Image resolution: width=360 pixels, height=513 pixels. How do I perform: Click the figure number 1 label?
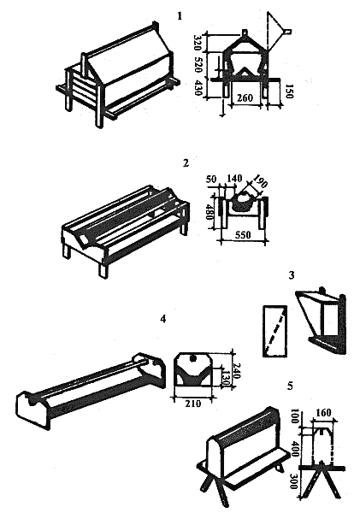(180, 15)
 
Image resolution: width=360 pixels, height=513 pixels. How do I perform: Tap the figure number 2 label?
(186, 162)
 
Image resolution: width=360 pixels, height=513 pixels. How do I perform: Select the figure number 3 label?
(292, 275)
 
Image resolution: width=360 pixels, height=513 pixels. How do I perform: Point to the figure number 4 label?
(163, 318)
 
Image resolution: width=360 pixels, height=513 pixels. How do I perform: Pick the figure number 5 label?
(290, 386)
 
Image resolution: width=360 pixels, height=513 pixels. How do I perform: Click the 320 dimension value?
(198, 42)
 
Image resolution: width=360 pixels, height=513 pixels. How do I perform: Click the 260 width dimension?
(245, 97)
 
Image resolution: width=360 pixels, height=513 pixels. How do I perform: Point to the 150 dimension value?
(289, 91)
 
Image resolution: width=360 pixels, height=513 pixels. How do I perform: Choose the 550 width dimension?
(243, 235)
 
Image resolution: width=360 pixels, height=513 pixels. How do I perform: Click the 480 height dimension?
(212, 213)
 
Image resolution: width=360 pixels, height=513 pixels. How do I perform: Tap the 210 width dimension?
(193, 404)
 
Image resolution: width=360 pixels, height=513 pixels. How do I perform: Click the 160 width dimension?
(322, 413)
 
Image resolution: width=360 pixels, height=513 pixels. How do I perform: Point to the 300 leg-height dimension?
(293, 481)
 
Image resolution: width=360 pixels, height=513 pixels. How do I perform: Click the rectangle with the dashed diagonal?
(275, 331)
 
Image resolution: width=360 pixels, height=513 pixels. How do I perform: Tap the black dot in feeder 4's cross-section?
(193, 359)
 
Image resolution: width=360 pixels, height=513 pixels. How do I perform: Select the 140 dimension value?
(234, 179)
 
